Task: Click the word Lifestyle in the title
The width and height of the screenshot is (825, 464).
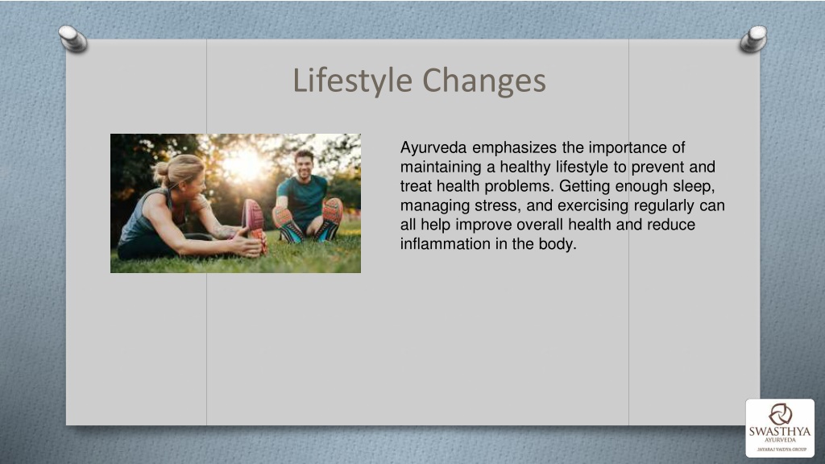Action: [353, 81]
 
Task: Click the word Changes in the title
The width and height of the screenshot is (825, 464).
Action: [484, 81]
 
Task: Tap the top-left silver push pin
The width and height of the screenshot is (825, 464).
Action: [73, 39]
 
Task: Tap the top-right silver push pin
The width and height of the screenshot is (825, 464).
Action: [753, 39]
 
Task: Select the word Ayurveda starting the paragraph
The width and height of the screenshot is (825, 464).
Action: [433, 148]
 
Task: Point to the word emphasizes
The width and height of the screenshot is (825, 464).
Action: [514, 148]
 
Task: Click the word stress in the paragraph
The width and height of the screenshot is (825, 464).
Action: [495, 205]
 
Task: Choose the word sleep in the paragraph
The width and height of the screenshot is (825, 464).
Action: [694, 186]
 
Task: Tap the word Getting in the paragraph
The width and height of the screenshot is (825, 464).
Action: [585, 186]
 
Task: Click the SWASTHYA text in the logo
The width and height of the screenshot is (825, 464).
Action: [780, 432]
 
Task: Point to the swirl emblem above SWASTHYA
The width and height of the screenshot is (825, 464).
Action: [780, 414]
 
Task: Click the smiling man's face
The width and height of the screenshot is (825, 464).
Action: [304, 165]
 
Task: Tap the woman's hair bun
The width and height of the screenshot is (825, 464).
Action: [160, 169]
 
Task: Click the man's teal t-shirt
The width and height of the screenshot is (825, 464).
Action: [304, 197]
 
